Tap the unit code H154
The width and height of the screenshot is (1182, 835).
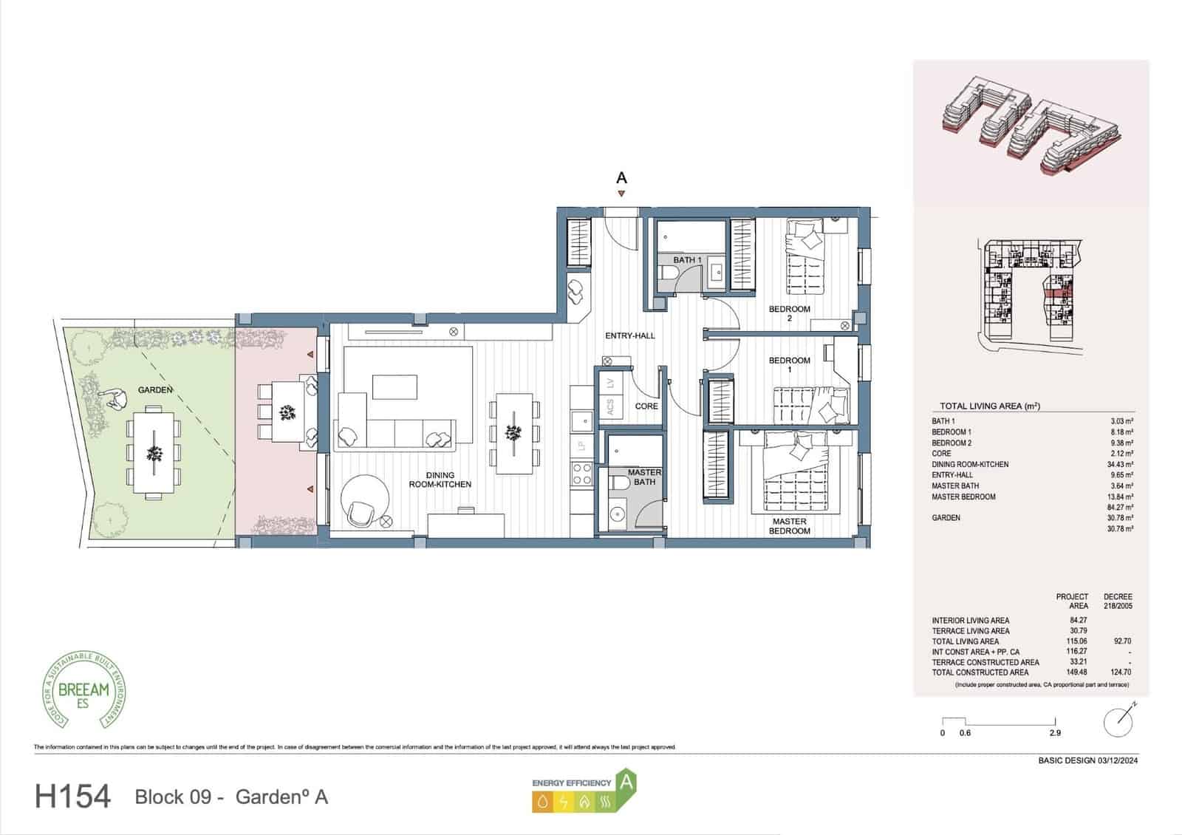pos(72,797)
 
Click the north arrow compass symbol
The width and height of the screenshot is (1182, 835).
pos(1118,721)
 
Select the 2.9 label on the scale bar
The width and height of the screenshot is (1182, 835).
pos(1055,733)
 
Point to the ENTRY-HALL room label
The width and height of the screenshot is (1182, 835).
pos(630,335)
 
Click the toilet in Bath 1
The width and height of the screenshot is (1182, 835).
pos(669,277)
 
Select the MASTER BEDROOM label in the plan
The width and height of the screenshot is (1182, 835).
pos(789,526)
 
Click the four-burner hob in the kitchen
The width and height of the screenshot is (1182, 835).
pos(581,473)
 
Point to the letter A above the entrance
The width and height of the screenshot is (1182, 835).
pos(621,178)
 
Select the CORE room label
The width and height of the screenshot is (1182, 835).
pos(646,406)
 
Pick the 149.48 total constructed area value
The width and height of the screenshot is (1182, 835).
pos(1079,672)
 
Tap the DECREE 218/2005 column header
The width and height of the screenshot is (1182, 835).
pos(1117,601)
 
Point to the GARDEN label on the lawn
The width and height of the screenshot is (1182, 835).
pos(155,389)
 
